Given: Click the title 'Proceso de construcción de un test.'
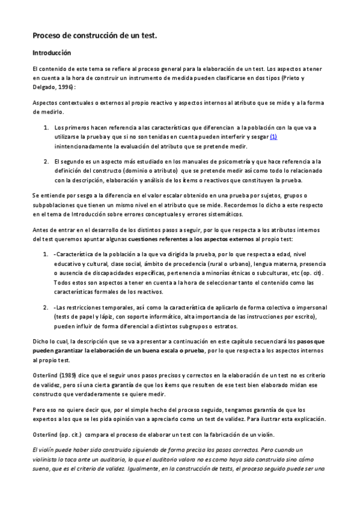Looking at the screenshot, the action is (x=94, y=36).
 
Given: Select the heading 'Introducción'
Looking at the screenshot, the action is (x=52, y=53).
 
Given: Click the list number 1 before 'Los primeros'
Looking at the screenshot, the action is (x=46, y=128).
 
